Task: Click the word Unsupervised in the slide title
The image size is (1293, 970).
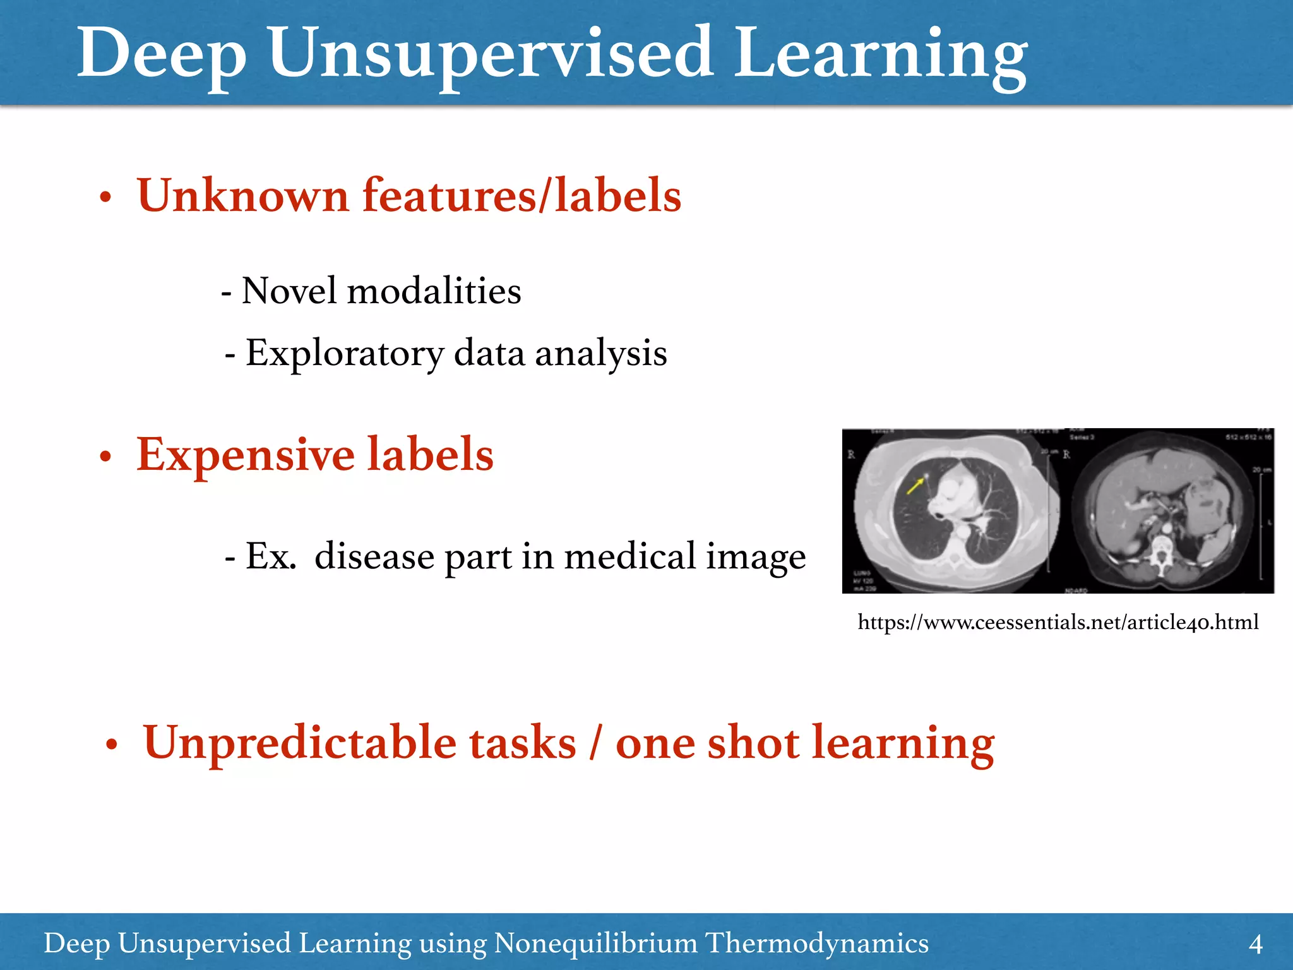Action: [491, 54]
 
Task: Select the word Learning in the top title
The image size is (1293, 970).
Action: [880, 56]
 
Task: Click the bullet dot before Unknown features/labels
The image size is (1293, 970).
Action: [105, 198]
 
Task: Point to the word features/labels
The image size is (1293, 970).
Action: [521, 195]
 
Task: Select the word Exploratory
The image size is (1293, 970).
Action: [345, 354]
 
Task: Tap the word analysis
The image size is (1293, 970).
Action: [601, 353]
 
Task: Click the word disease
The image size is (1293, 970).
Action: [374, 557]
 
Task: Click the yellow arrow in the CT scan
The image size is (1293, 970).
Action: [915, 486]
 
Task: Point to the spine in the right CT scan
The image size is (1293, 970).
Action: [1161, 553]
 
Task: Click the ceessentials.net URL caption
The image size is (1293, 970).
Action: [1058, 623]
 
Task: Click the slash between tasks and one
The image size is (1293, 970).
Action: [595, 743]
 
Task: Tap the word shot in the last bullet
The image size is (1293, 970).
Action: [753, 743]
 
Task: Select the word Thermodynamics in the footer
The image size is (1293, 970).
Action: [816, 943]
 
